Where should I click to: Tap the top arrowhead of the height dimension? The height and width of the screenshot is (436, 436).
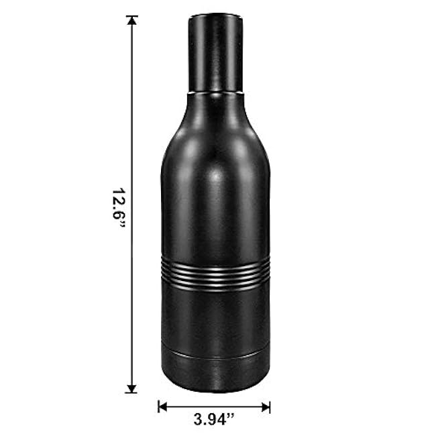(x=132, y=22)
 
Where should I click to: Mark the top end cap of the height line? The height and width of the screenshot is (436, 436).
(x=132, y=16)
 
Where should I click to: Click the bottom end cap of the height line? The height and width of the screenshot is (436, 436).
(x=132, y=392)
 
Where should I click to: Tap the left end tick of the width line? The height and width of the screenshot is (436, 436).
(x=158, y=406)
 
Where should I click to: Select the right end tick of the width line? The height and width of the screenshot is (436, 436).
(x=270, y=406)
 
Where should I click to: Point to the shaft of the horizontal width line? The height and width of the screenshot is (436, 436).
(x=214, y=406)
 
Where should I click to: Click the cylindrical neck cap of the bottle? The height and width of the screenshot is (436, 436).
(x=215, y=54)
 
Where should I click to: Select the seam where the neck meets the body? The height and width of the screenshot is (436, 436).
(x=215, y=92)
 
